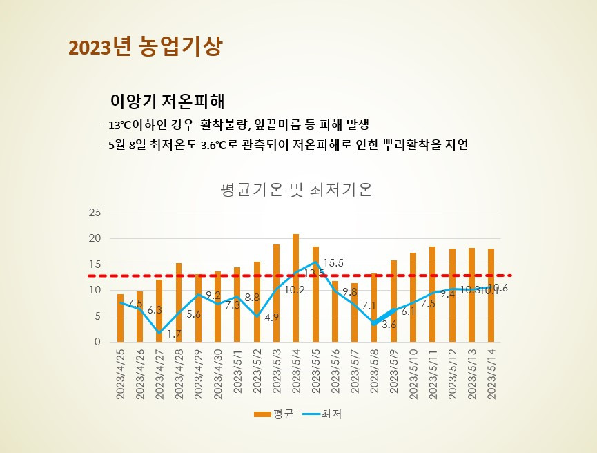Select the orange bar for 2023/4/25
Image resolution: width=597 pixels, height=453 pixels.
pyautogui.click(x=120, y=318)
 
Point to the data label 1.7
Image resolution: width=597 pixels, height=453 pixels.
pyautogui.click(x=175, y=334)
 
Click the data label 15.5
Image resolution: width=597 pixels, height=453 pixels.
pyautogui.click(x=333, y=263)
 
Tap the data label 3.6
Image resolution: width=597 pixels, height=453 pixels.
pyautogui.click(x=389, y=325)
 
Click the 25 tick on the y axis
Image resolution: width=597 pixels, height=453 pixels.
pyautogui.click(x=95, y=213)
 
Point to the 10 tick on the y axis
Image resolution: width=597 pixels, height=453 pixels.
pyautogui.click(x=95, y=290)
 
